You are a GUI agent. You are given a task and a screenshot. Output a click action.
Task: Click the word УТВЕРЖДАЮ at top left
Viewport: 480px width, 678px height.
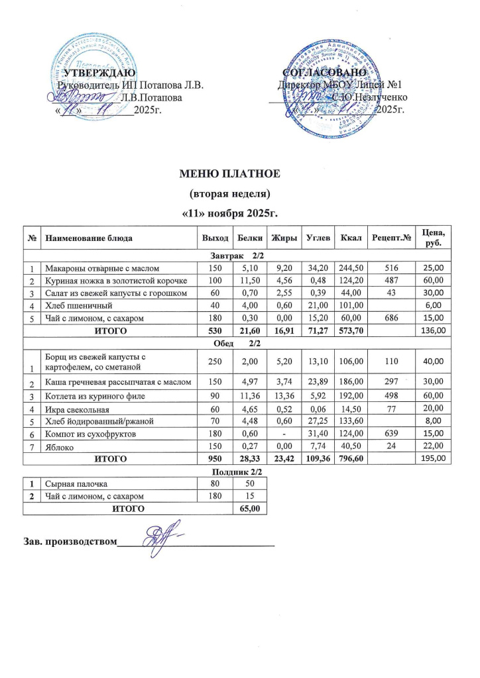click(x=99, y=72)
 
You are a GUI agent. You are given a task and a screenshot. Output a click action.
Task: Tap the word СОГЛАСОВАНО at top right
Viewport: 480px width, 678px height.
click(x=324, y=72)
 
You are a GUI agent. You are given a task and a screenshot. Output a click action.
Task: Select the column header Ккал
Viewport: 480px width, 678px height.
click(x=346, y=237)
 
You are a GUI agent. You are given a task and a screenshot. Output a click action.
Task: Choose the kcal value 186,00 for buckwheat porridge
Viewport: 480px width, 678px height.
click(x=345, y=383)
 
